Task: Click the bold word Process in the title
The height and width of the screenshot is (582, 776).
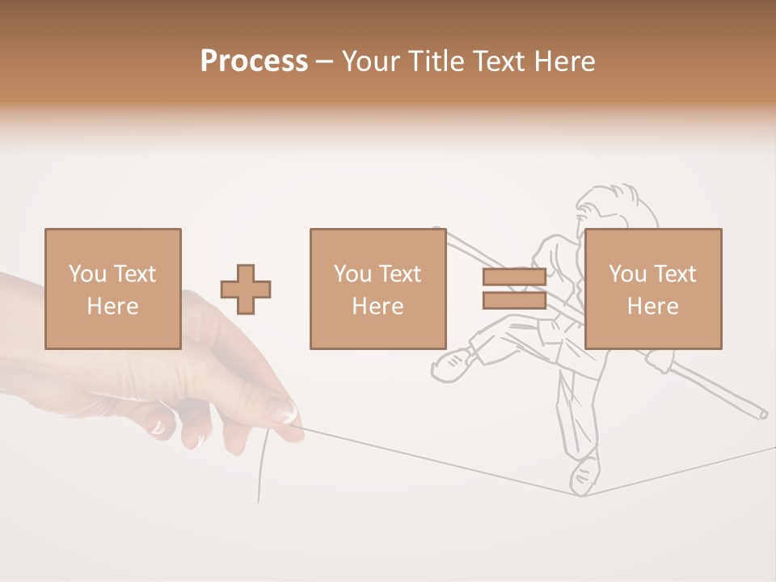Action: (x=254, y=61)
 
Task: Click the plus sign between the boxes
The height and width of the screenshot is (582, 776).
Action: (x=246, y=289)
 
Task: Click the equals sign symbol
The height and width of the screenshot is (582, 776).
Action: (x=514, y=289)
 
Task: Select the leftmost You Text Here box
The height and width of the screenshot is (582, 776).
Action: (x=112, y=289)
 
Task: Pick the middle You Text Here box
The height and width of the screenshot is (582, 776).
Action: (x=377, y=289)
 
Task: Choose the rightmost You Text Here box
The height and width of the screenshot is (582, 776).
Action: (x=652, y=289)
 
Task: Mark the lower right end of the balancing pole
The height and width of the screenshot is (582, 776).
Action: (x=760, y=413)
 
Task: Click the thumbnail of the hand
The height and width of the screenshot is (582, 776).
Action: (x=281, y=410)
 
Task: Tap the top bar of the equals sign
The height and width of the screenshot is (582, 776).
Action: (x=514, y=277)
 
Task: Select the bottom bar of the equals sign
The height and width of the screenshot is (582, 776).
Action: (x=514, y=300)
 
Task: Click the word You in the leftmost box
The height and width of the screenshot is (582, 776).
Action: (x=87, y=274)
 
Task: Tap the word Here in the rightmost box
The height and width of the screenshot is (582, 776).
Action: (x=652, y=306)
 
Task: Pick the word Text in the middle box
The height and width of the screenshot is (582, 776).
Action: (x=400, y=274)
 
